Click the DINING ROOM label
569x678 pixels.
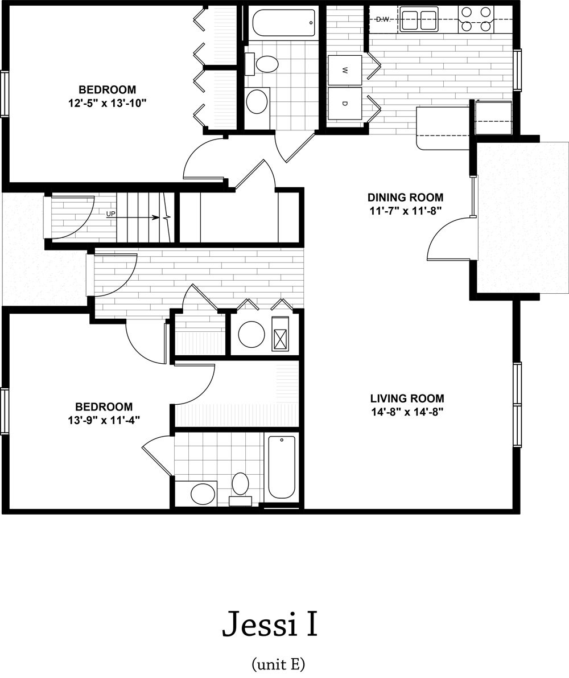coord(405,198)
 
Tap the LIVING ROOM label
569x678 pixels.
coord(407,398)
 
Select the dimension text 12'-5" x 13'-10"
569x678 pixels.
coord(107,103)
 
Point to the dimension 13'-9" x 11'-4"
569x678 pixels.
coord(104,420)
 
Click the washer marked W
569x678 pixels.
coord(345,71)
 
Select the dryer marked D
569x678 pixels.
coord(345,103)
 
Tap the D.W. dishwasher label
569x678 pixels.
coord(383,20)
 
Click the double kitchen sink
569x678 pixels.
coord(418,19)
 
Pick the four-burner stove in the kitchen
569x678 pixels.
coord(476,19)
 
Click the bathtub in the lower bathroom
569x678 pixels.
coord(282,467)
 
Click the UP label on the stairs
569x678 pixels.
coord(111,214)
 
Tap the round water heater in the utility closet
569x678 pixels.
coord(251,334)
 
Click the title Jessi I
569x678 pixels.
coord(269,623)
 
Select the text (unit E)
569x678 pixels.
coord(278,663)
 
